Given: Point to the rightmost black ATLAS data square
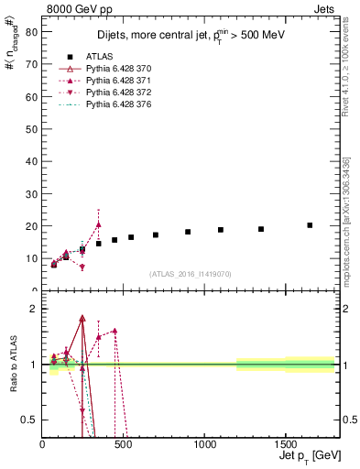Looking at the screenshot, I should pos(310,225).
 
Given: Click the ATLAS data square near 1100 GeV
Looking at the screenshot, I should pos(221,230).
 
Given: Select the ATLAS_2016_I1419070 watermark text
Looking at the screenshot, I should pos(191,273).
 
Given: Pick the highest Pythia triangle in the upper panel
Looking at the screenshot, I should pos(99,224).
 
